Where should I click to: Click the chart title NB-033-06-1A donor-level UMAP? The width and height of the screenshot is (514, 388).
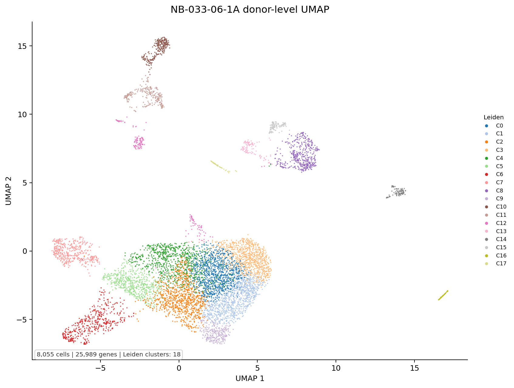(250, 10)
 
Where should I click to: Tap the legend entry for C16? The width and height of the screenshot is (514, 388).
(496, 256)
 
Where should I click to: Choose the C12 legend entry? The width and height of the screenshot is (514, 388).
(496, 223)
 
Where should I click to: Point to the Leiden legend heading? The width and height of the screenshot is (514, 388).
(493, 117)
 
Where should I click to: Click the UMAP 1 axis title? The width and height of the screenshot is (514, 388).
(250, 379)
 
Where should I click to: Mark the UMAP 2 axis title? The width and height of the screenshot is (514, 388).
(9, 191)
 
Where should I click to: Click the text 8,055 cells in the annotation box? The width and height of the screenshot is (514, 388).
(53, 354)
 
